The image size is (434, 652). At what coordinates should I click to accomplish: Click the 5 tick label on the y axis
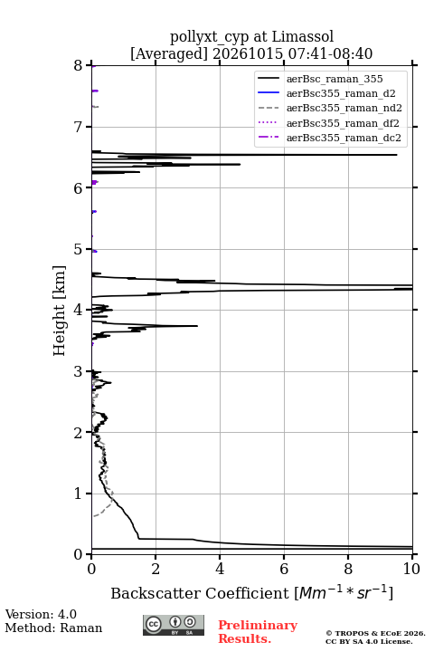pos(78,249)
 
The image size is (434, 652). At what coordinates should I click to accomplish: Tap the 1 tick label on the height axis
pos(78,494)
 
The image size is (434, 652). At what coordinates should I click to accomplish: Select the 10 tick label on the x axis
pos(411,569)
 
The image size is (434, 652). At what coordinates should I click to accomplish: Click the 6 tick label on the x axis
pos(284,569)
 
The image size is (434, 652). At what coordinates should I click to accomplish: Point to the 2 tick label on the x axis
pos(156,569)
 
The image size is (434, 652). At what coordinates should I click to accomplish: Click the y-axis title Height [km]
pos(60,311)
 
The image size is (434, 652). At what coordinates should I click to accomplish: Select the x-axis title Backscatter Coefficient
pos(199,593)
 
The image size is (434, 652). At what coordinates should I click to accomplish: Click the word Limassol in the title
pos(302,36)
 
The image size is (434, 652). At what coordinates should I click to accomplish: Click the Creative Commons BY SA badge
pos(174,625)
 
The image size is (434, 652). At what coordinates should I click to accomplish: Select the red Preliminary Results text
pos(258,632)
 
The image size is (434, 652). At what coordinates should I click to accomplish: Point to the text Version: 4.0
pos(41,614)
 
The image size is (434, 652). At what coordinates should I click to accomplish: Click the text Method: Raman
pos(53,628)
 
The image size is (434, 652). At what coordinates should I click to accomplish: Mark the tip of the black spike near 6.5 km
pos(397,155)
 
